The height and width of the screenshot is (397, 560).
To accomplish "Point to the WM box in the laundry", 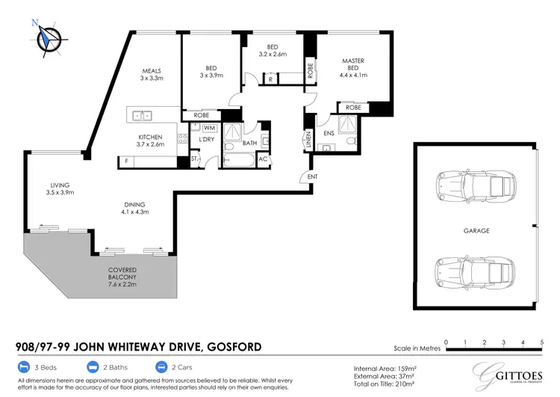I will [208, 129].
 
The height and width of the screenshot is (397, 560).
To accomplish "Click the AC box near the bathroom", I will [263, 159].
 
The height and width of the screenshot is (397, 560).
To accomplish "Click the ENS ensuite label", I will [328, 133].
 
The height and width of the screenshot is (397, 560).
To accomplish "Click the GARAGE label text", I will [474, 231].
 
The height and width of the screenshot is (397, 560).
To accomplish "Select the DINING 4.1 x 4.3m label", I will [136, 209].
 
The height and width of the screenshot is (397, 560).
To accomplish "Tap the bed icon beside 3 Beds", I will [23, 368].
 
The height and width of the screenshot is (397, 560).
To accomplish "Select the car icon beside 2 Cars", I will [161, 368].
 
